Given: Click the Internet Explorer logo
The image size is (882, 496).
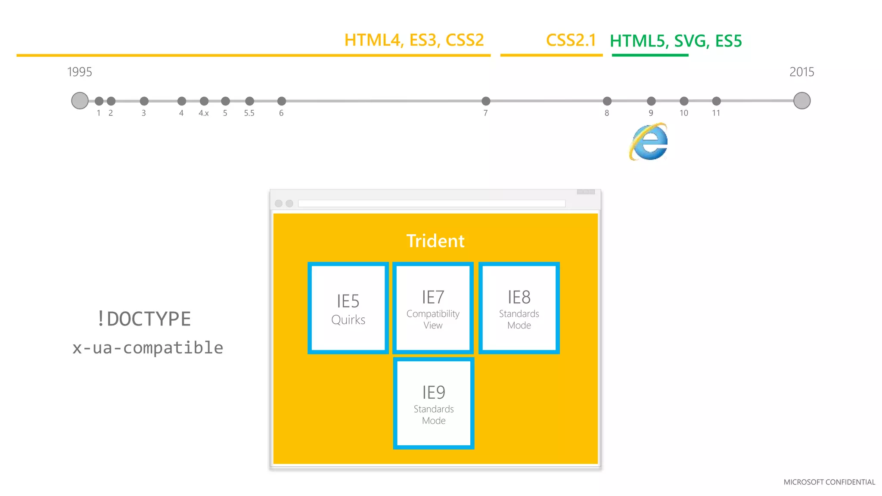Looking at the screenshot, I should (649, 142).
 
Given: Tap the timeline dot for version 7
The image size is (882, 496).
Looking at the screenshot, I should (486, 101).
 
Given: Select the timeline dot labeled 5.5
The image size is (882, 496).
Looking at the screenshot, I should (249, 101).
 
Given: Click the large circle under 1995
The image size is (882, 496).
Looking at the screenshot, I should (80, 101).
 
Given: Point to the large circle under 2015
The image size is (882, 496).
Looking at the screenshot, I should (801, 101).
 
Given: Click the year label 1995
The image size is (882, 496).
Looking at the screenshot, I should (80, 72).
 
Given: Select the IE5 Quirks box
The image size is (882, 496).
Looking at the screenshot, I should (348, 308).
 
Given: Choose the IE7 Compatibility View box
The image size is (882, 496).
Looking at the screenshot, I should (433, 308).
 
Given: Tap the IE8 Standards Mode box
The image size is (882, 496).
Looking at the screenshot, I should (519, 308).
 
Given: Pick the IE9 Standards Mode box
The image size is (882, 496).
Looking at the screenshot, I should (434, 403).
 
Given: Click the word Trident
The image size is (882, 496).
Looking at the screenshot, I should (435, 241).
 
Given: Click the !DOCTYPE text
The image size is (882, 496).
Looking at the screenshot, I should (144, 319).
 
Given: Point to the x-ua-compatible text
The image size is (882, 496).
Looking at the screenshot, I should (148, 348).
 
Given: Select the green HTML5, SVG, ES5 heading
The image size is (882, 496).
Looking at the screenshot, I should (676, 41).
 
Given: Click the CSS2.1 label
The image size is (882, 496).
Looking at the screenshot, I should (571, 40).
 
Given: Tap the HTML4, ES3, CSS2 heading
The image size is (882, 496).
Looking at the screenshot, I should (414, 40).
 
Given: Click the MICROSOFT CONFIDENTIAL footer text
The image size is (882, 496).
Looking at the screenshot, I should (829, 482).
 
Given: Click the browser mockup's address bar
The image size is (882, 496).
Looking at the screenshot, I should (432, 203).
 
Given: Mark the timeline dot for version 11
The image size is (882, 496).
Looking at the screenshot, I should (716, 101).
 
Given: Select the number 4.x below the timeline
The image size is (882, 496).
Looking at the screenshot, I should (204, 113).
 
